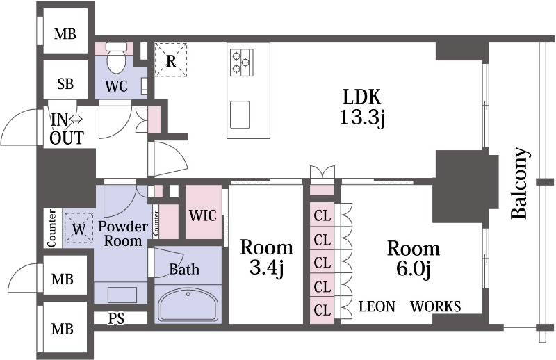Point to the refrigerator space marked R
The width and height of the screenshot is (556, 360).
pyautogui.click(x=171, y=60)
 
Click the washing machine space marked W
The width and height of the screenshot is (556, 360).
pyautogui.click(x=79, y=229)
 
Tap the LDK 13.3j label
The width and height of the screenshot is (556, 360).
pyautogui.click(x=361, y=107)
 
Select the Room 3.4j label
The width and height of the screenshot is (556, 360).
pyautogui.click(x=267, y=258)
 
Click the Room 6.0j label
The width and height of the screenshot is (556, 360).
pyautogui.click(x=414, y=259)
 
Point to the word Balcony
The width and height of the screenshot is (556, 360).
pyautogui.click(x=521, y=183)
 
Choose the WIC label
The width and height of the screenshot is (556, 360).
pyautogui.click(x=202, y=215)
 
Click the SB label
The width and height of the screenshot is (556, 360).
pyautogui.click(x=65, y=83)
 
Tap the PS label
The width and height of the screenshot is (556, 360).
pyautogui.click(x=116, y=318)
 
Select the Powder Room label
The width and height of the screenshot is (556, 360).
pyautogui.click(x=123, y=234)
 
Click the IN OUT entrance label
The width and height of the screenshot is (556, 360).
pyautogui.click(x=67, y=129)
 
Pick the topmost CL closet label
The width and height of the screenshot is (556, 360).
pyautogui.click(x=322, y=215)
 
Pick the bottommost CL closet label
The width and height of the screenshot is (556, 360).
pyautogui.click(x=322, y=310)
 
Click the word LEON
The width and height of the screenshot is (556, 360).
pyautogui.click(x=377, y=306)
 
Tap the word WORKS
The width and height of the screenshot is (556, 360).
pyautogui.click(x=436, y=306)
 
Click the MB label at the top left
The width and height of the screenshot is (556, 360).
pyautogui.click(x=65, y=34)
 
